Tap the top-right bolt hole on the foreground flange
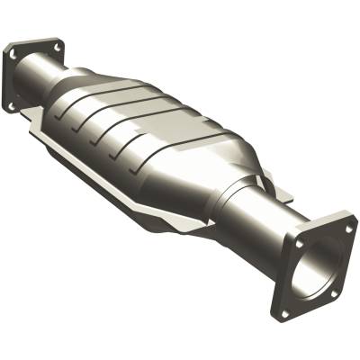point(350,229)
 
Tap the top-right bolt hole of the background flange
point(57,45)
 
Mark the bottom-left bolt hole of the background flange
point(12,104)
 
